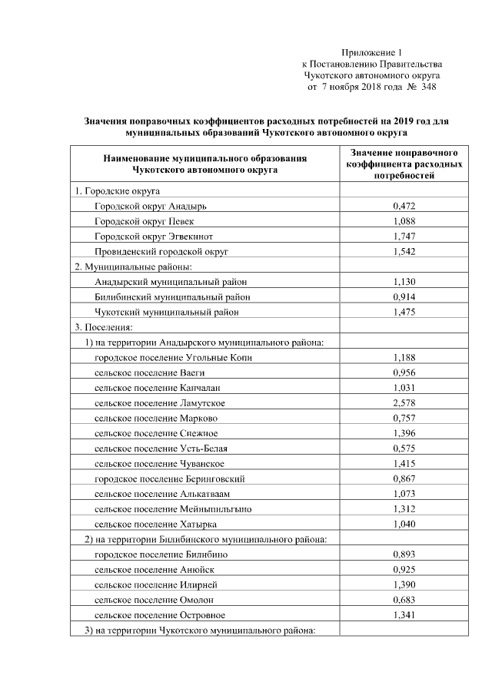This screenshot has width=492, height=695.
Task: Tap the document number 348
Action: pyautogui.click(x=428, y=88)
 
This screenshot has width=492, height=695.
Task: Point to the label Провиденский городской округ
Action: pyautogui.click(x=161, y=252)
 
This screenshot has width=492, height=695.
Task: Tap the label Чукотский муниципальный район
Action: pyautogui.click(x=166, y=312)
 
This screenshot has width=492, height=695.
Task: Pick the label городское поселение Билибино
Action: pyautogui.click(x=161, y=554)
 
